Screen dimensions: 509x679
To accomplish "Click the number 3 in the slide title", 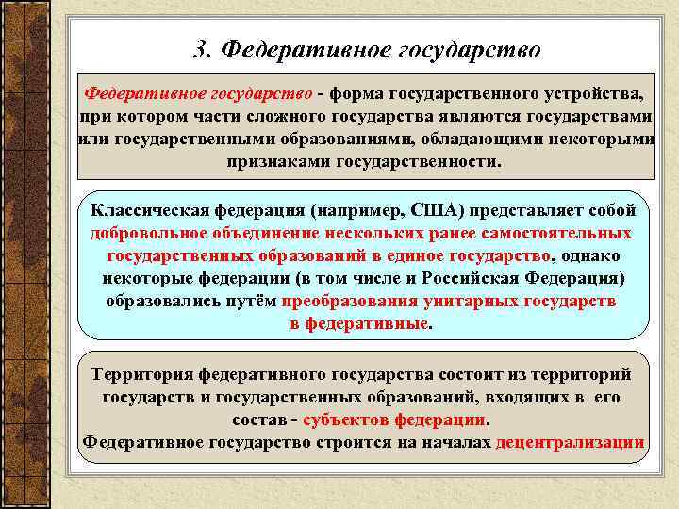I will [x=200, y=48].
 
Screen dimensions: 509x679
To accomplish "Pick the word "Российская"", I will [x=463, y=279].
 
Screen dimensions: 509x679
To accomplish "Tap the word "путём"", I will [x=252, y=302].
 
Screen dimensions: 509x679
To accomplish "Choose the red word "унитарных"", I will [x=472, y=302].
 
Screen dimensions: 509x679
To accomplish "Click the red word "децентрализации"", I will [x=570, y=442].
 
